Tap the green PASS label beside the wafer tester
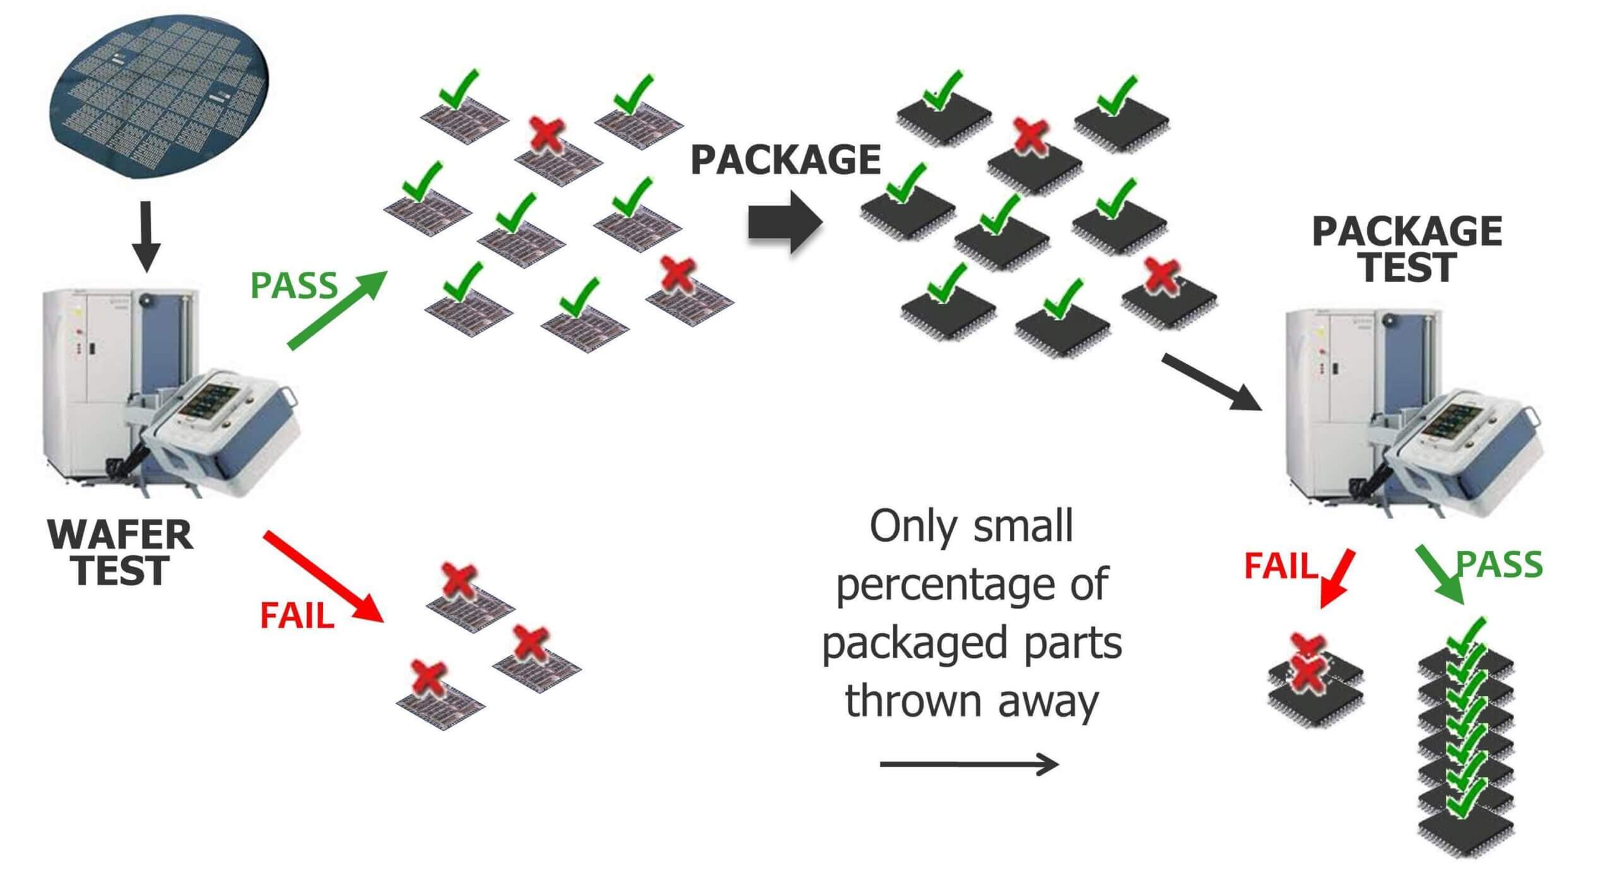click(294, 286)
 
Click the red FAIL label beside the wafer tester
click(297, 616)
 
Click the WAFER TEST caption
click(120, 552)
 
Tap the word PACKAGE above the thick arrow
click(785, 160)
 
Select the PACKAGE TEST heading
click(1407, 248)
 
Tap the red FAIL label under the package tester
click(1281, 566)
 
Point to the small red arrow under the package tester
click(1336, 578)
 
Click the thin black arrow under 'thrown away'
click(968, 765)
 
